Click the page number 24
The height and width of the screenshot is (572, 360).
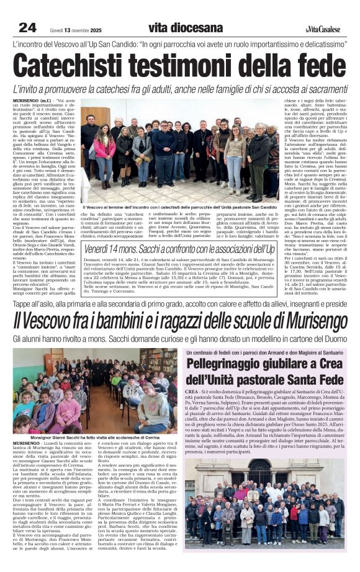pos(27,27)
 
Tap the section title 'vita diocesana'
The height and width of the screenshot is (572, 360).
pos(186,27)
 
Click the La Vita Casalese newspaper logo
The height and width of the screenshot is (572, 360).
pos(323,29)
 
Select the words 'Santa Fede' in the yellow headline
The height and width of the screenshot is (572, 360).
pos(314,379)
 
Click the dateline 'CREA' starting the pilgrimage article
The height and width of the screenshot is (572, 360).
pos(191,393)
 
